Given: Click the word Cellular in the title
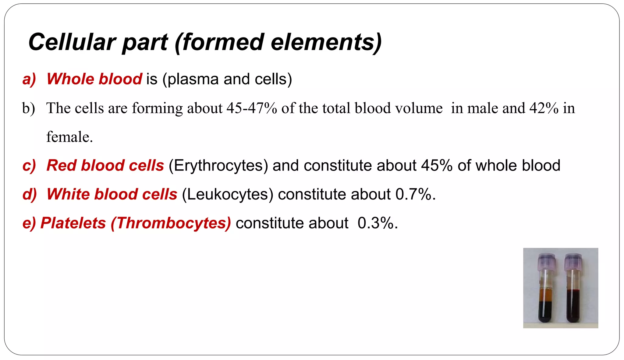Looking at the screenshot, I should [x=72, y=42].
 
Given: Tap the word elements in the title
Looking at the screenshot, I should [x=326, y=42].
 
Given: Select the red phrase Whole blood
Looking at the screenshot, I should [x=94, y=79].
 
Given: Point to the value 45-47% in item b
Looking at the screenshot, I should [x=252, y=108].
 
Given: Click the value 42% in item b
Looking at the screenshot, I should [x=544, y=108].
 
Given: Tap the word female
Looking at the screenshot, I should [x=69, y=137].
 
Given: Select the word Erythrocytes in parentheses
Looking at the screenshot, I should [x=218, y=166].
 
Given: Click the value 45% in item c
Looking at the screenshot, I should [x=437, y=165].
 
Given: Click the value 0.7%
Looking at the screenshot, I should [x=416, y=194].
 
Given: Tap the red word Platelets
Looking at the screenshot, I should [x=73, y=223].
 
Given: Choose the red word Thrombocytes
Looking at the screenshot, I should [x=171, y=223].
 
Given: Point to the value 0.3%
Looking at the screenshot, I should [x=378, y=223].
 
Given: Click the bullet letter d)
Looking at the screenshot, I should [x=30, y=194].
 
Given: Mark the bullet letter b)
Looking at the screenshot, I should [x=29, y=108].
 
